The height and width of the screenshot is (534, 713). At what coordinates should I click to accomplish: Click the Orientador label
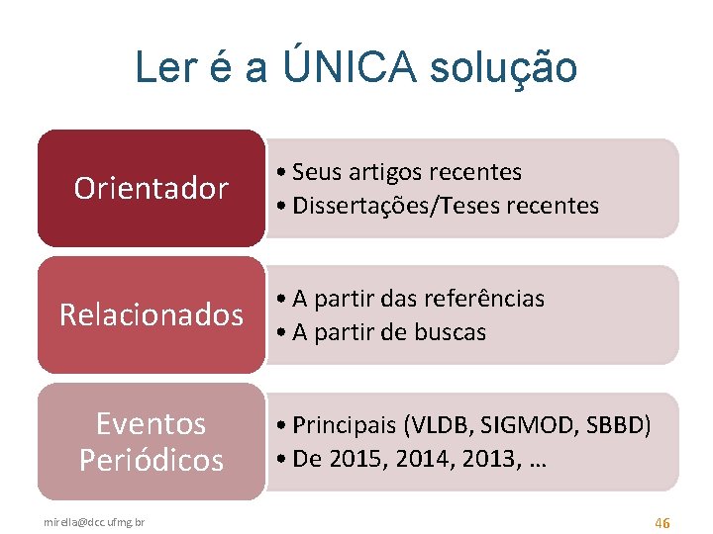pos(152,188)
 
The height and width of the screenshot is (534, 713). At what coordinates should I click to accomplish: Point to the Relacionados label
pos(152,314)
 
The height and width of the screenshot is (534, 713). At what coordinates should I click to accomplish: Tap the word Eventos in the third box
pos(152,423)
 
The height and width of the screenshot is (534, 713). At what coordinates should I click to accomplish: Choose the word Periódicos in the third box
pos(152,460)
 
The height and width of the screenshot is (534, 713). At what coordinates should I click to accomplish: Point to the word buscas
pos(450,332)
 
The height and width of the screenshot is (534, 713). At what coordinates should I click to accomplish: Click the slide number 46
pos(662,520)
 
